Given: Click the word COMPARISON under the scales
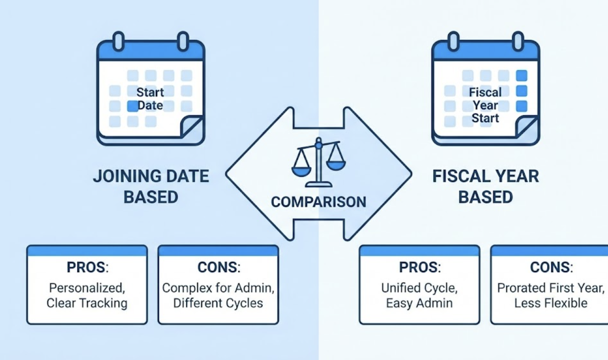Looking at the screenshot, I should (318, 202).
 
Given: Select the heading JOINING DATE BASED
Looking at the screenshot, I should (151, 186).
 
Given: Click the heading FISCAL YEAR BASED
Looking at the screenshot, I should (485, 186).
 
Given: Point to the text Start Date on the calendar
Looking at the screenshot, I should (150, 98).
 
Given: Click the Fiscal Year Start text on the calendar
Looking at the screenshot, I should (485, 105).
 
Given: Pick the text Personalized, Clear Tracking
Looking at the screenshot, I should (87, 295).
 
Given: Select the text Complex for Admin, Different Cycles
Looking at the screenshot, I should (218, 295).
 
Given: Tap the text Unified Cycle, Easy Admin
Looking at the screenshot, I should (419, 295).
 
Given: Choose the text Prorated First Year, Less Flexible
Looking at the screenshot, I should (551, 295).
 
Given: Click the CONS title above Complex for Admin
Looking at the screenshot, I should (219, 267).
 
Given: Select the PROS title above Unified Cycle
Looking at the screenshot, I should (420, 267).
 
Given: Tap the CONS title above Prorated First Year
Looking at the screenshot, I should (551, 267).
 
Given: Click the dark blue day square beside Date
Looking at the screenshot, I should (133, 106).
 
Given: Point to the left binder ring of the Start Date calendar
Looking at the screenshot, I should (119, 41).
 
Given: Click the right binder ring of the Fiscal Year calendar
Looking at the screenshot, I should (518, 41).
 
